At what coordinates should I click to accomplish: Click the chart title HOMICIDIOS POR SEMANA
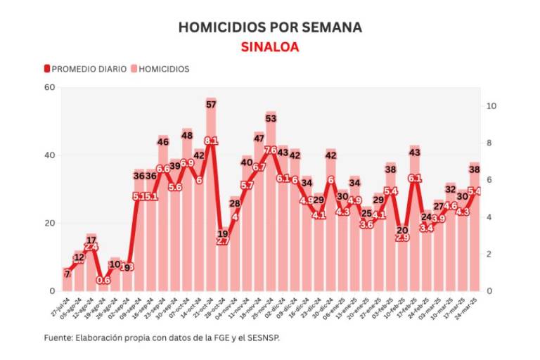(x=270, y=27)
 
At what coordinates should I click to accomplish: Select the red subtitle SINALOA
(x=270, y=47)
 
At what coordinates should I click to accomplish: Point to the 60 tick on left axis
(x=49, y=87)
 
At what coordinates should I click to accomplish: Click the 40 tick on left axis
(x=49, y=155)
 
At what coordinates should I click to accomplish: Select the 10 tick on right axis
(x=492, y=106)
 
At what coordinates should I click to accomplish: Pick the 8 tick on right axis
(x=490, y=143)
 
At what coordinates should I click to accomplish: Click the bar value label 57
(x=211, y=105)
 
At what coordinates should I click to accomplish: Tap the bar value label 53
(x=271, y=118)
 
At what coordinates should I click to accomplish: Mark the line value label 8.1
(x=211, y=141)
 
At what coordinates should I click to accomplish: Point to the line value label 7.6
(x=271, y=150)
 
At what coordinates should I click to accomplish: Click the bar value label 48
(x=187, y=134)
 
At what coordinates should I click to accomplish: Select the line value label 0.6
(x=103, y=280)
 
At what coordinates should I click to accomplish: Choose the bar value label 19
(x=223, y=233)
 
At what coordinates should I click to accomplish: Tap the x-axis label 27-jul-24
(x=60, y=307)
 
